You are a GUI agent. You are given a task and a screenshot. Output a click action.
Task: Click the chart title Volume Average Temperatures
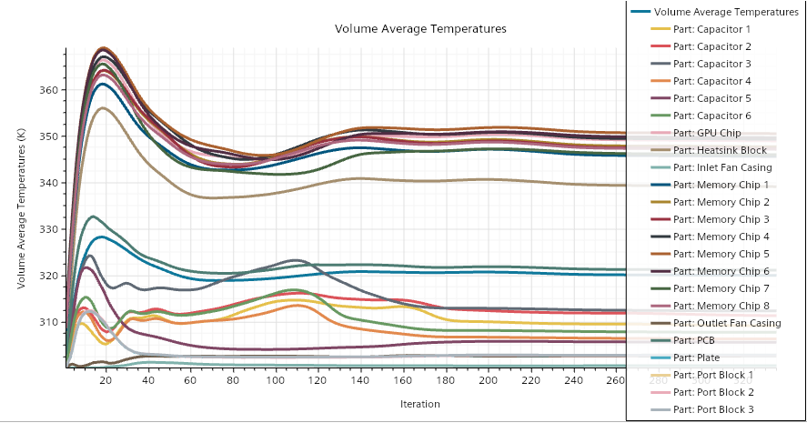point(420,29)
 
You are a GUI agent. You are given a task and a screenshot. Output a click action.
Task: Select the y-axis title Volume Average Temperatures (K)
point(21,210)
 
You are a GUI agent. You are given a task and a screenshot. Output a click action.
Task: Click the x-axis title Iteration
point(420,403)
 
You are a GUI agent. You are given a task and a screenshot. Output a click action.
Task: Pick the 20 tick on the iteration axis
point(106,380)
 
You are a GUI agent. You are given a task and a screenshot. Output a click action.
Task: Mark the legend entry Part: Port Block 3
point(714,409)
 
